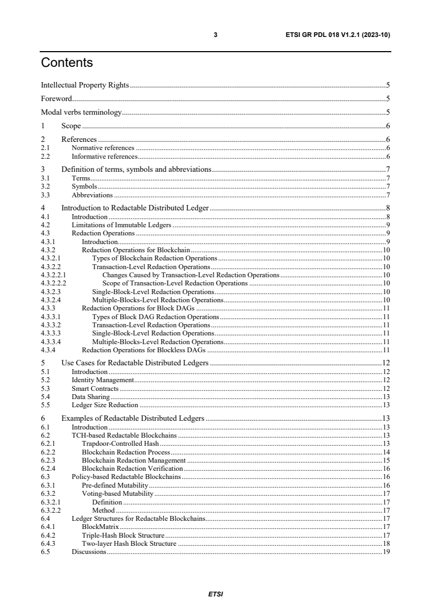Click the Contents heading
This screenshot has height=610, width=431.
pos(67,63)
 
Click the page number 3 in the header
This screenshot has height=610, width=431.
pos(215,35)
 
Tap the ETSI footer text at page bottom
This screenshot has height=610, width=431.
pos(215,594)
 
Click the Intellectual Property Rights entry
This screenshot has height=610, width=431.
pos(85,85)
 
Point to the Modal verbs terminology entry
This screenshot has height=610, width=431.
pos(81,113)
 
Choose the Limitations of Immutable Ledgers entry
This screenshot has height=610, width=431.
pos(121,225)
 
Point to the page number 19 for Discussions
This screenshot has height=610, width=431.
pos(386,552)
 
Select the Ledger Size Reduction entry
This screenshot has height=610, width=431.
pos(105,405)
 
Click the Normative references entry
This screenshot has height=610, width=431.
pos(103,148)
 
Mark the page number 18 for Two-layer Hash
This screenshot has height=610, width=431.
pos(386,544)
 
